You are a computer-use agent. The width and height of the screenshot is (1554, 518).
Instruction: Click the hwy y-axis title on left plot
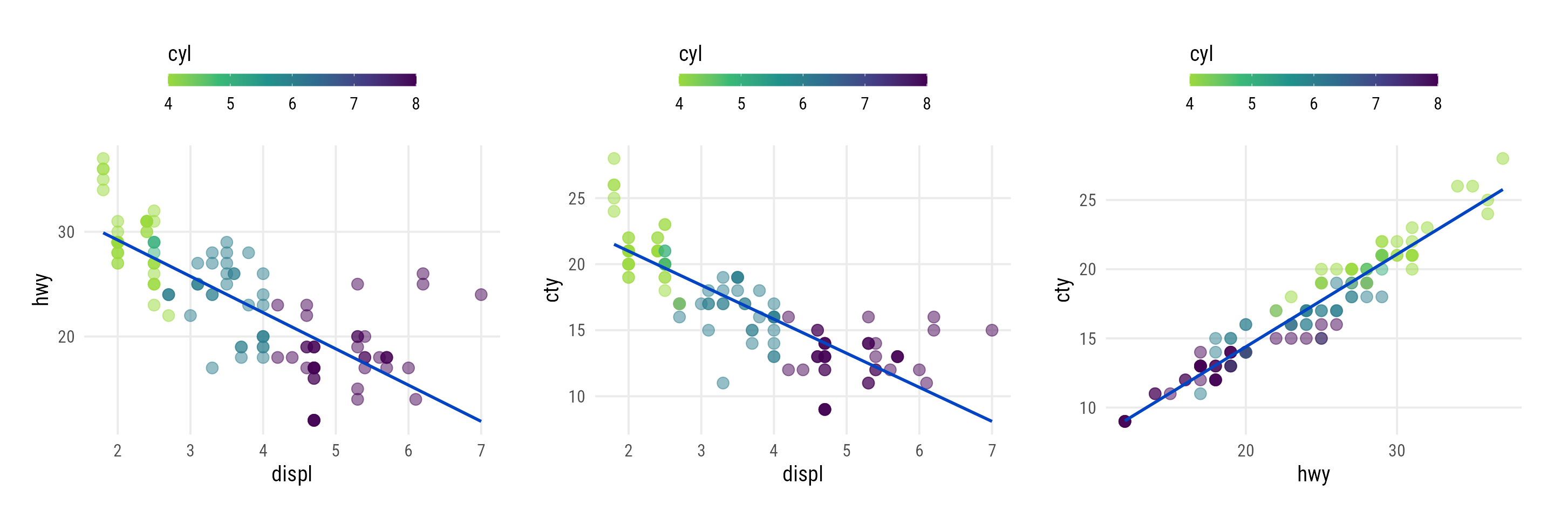[41, 289]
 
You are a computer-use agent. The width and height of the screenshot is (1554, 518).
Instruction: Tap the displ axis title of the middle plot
[802, 474]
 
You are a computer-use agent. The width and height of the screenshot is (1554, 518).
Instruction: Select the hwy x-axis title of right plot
[1313, 474]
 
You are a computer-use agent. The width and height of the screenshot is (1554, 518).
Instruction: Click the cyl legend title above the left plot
[179, 53]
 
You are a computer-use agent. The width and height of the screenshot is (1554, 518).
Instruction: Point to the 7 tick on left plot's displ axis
[481, 451]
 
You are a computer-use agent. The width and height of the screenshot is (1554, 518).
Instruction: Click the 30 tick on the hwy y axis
[66, 232]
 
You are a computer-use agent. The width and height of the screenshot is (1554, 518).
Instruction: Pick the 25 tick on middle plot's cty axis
[577, 199]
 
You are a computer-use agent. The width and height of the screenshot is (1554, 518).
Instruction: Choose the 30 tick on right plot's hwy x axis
[1396, 451]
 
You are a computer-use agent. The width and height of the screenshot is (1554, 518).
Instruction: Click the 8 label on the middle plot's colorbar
[926, 104]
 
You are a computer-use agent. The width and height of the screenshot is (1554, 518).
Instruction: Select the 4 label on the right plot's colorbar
[1190, 104]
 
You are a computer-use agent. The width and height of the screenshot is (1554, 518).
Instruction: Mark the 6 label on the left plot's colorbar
[292, 104]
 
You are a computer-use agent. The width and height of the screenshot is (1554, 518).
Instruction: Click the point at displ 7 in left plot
[481, 294]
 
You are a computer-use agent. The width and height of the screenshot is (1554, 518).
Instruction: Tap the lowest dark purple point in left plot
[313, 420]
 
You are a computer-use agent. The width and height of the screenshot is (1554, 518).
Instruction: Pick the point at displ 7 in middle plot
[992, 330]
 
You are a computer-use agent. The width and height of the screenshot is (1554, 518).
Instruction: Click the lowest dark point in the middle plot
[824, 410]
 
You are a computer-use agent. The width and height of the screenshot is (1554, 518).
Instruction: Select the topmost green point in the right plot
[1503, 159]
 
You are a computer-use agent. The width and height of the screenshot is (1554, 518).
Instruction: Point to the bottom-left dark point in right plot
[1124, 421]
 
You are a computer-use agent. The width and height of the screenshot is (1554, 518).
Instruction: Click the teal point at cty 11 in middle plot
[723, 383]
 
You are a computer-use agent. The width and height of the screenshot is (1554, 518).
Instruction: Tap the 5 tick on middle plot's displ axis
[847, 451]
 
